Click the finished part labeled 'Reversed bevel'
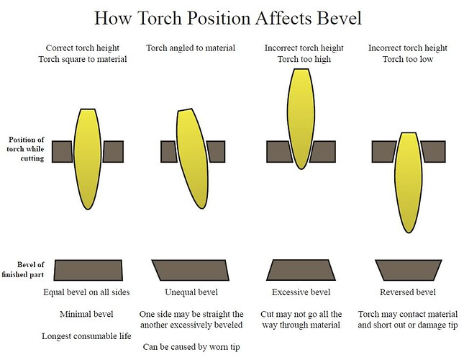(x=408, y=269)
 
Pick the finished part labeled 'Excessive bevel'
(x=301, y=269)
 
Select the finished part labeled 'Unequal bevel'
(x=191, y=269)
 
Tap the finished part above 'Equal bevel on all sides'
(x=88, y=269)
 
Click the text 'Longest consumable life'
(x=86, y=336)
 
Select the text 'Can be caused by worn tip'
(x=191, y=346)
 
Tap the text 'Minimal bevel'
(x=86, y=314)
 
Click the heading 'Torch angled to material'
(x=191, y=48)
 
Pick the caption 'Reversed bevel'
(x=406, y=292)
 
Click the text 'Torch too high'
(x=304, y=59)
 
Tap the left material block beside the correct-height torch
(x=62, y=151)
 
